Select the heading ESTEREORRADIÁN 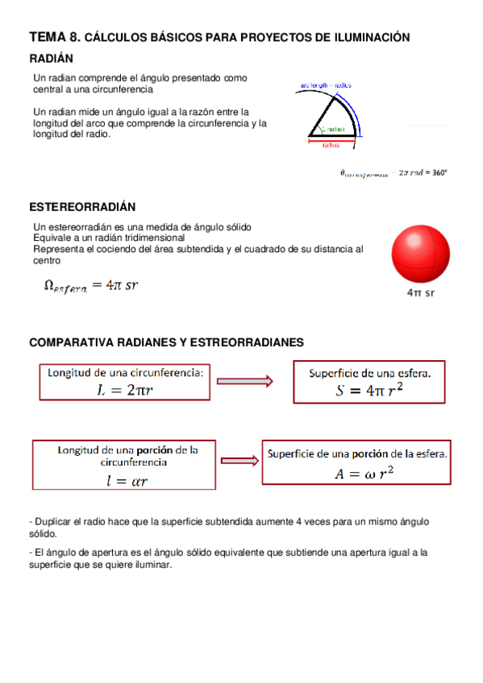[82, 207]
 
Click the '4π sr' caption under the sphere [420, 293]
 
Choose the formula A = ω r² [364, 474]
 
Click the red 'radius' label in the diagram [331, 147]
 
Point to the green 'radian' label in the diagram [335, 129]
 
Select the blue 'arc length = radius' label [325, 84]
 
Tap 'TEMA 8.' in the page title [54, 37]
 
